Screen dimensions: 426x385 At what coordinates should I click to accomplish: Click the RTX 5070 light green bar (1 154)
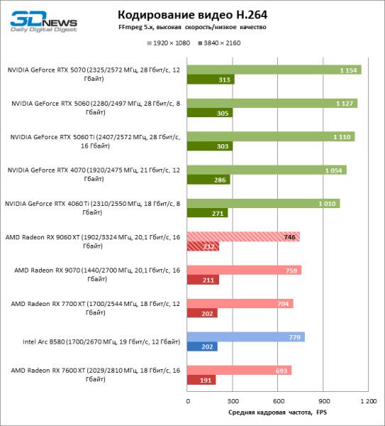coord(274,70)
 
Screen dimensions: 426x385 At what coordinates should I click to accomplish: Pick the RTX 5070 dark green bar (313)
coord(211,80)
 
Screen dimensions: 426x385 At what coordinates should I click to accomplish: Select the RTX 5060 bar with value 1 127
coord(272,103)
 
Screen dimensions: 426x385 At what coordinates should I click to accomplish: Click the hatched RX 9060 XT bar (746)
coord(243,236)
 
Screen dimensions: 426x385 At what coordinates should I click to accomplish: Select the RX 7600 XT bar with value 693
coord(239,370)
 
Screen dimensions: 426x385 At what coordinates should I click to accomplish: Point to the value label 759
coord(289,270)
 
